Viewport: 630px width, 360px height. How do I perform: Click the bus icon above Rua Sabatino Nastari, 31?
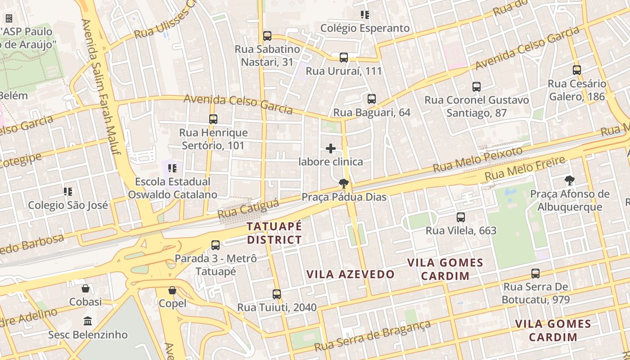pos(267,36)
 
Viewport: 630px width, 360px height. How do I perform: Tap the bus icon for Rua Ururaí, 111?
pos(344,58)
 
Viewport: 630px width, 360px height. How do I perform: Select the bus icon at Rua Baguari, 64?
pos(372,99)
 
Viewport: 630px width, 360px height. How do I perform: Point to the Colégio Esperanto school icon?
pos(365,15)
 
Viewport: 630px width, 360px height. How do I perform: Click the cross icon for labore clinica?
pos(331,148)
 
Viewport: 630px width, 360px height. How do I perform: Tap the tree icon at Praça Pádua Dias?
pos(344,183)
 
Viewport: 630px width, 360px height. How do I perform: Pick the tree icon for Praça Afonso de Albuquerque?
pos(570,181)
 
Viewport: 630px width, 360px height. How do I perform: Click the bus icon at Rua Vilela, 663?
pos(461,217)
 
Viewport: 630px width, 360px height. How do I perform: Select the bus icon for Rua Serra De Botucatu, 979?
pos(535,274)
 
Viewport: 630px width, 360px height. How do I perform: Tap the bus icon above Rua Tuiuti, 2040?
pos(277,294)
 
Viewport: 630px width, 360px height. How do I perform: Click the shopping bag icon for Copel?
pos(172,290)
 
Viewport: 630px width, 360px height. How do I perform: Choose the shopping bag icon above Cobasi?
pos(85,288)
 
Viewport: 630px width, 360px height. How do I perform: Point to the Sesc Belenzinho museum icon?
pos(88,321)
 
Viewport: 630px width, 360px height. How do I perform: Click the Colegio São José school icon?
pos(68,192)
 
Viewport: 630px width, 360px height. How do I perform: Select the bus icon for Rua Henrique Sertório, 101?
pos(213,119)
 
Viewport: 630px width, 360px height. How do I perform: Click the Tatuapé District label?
pos(274,233)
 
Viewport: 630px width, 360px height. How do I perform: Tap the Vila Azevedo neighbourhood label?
pos(350,274)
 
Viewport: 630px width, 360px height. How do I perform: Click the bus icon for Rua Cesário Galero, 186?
pos(577,70)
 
